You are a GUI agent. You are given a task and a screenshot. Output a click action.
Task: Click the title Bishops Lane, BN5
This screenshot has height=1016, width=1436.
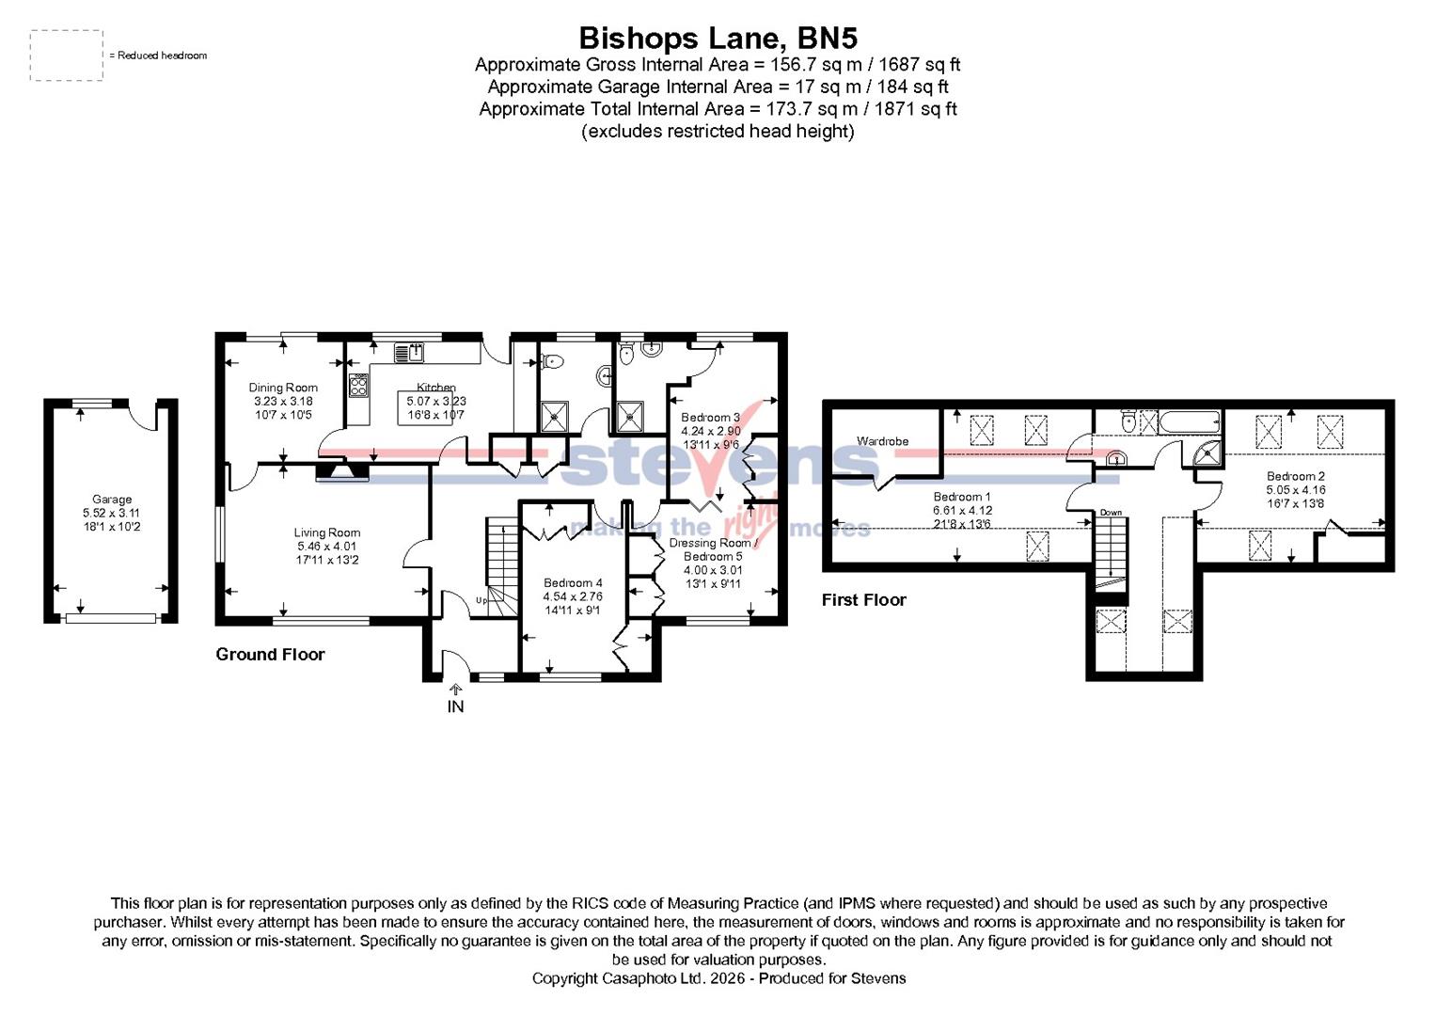(718, 38)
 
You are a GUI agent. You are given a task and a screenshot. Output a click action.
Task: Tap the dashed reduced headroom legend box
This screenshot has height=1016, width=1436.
(66, 56)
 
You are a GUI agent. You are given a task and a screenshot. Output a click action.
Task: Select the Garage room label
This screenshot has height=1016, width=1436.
(112, 500)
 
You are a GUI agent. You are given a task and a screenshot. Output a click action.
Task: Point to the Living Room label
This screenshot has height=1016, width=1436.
(326, 532)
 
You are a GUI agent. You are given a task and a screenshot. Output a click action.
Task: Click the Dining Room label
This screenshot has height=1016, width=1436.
(283, 388)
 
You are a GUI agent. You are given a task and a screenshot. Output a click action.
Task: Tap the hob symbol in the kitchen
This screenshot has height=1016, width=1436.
(358, 386)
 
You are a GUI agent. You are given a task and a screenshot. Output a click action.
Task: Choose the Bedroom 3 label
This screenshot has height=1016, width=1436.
(710, 417)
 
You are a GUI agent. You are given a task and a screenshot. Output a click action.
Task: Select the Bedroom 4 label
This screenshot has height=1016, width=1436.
(573, 583)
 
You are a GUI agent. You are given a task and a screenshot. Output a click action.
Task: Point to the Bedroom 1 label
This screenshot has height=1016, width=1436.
(961, 497)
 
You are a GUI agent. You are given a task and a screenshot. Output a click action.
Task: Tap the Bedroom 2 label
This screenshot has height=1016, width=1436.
(1295, 476)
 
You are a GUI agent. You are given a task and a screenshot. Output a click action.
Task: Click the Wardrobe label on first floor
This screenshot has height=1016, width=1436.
(882, 441)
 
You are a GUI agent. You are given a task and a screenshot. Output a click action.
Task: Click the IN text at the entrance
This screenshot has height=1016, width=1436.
(455, 706)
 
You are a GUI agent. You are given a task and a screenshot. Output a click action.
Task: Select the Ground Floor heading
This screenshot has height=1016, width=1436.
(270, 655)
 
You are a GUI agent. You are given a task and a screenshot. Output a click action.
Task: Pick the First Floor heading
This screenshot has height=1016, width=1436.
(863, 600)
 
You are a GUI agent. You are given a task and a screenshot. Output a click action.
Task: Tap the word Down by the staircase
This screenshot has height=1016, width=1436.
(1111, 513)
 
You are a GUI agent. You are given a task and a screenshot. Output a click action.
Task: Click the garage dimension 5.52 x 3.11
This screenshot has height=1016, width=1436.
(111, 514)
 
